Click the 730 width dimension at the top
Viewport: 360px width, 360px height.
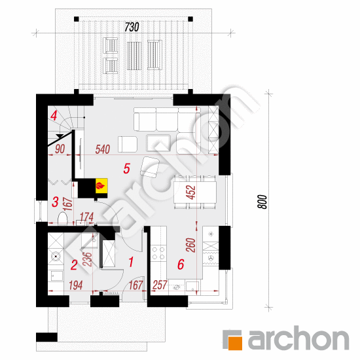pos(132,27)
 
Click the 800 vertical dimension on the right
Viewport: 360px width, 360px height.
pos(262,202)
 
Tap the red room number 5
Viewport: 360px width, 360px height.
pos(127,168)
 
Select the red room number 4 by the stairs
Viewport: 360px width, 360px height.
pos(54,116)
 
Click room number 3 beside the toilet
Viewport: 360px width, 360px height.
pos(55,202)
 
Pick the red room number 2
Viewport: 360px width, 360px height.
pos(74,265)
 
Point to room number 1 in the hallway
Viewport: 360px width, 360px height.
pos(131,262)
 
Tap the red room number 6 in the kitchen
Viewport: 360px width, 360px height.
pos(181,264)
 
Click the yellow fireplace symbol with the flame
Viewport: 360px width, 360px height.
pos(101,186)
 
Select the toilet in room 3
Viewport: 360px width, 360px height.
pos(62,218)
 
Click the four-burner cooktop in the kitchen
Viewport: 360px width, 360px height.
pos(158,253)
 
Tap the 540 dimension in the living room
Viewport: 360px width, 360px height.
pos(103,149)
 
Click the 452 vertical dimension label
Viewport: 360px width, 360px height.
pos(192,192)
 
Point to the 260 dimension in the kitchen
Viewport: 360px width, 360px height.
pos(190,245)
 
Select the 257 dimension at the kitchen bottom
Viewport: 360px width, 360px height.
pos(160,285)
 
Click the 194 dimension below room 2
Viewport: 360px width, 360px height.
pos(76,285)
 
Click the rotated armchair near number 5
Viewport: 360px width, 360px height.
pos(150,167)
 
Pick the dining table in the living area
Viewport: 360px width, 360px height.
pos(195,192)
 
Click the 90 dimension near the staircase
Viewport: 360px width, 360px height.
pos(60,149)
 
